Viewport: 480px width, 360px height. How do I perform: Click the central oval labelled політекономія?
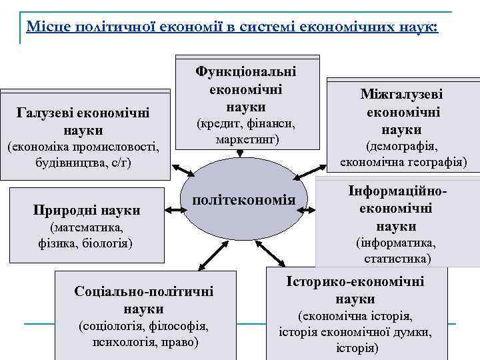[x=243, y=201]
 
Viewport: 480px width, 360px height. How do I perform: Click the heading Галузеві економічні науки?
[x=83, y=121]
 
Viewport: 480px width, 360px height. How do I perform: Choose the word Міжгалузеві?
[x=401, y=95]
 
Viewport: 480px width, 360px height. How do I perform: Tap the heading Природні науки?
[x=87, y=211]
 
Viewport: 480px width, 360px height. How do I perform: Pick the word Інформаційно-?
[x=397, y=191]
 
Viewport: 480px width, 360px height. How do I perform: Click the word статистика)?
[x=397, y=257]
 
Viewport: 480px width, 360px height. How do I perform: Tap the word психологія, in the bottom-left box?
[x=124, y=343]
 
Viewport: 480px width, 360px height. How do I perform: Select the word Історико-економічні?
[x=355, y=281]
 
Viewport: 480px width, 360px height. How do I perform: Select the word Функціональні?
[x=246, y=71]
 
